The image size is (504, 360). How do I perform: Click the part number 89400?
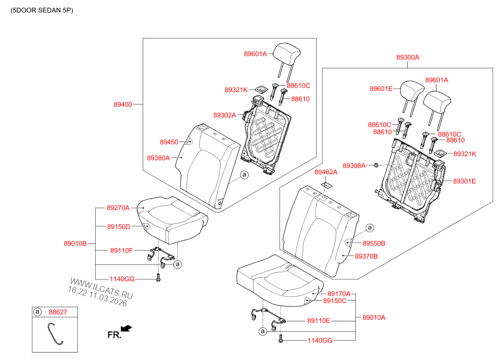tap(123, 104)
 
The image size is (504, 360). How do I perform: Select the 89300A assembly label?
tap(407, 57)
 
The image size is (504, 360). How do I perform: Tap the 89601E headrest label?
tap(381, 89)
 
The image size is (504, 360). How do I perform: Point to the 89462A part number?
tap(326, 172)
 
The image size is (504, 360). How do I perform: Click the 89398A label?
tap(354, 165)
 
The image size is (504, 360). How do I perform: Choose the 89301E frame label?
tap(464, 181)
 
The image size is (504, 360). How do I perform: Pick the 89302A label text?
tap(224, 115)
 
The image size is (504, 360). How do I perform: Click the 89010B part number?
tap(75, 243)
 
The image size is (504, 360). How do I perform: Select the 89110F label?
tap(121, 251)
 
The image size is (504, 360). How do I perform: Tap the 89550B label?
tap(374, 244)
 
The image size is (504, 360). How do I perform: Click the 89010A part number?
tap(374, 317)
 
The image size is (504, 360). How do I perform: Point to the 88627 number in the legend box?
tap(57, 312)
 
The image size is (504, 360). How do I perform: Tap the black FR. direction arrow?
tap(127, 328)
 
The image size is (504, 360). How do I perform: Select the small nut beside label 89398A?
tap(376, 165)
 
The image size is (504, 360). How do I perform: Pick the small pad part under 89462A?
tap(327, 185)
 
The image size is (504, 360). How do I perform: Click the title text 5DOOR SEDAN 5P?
tap(42, 10)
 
